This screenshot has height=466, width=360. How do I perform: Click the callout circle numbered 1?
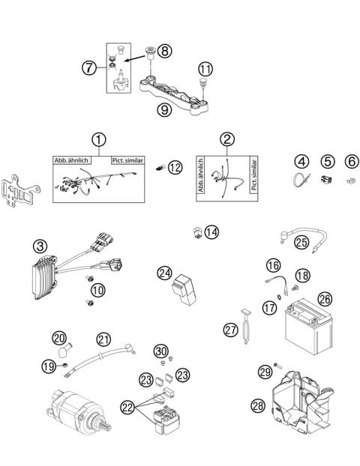coord(97,140)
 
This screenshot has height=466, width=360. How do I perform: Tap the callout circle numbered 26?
coord(324,298)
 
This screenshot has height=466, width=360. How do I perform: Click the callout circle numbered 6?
coord(350,161)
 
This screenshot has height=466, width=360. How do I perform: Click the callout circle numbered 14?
coord(211,232)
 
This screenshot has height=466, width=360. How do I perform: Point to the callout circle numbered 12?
coord(175,167)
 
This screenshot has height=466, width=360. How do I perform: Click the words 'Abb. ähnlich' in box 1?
coord(71,161)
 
